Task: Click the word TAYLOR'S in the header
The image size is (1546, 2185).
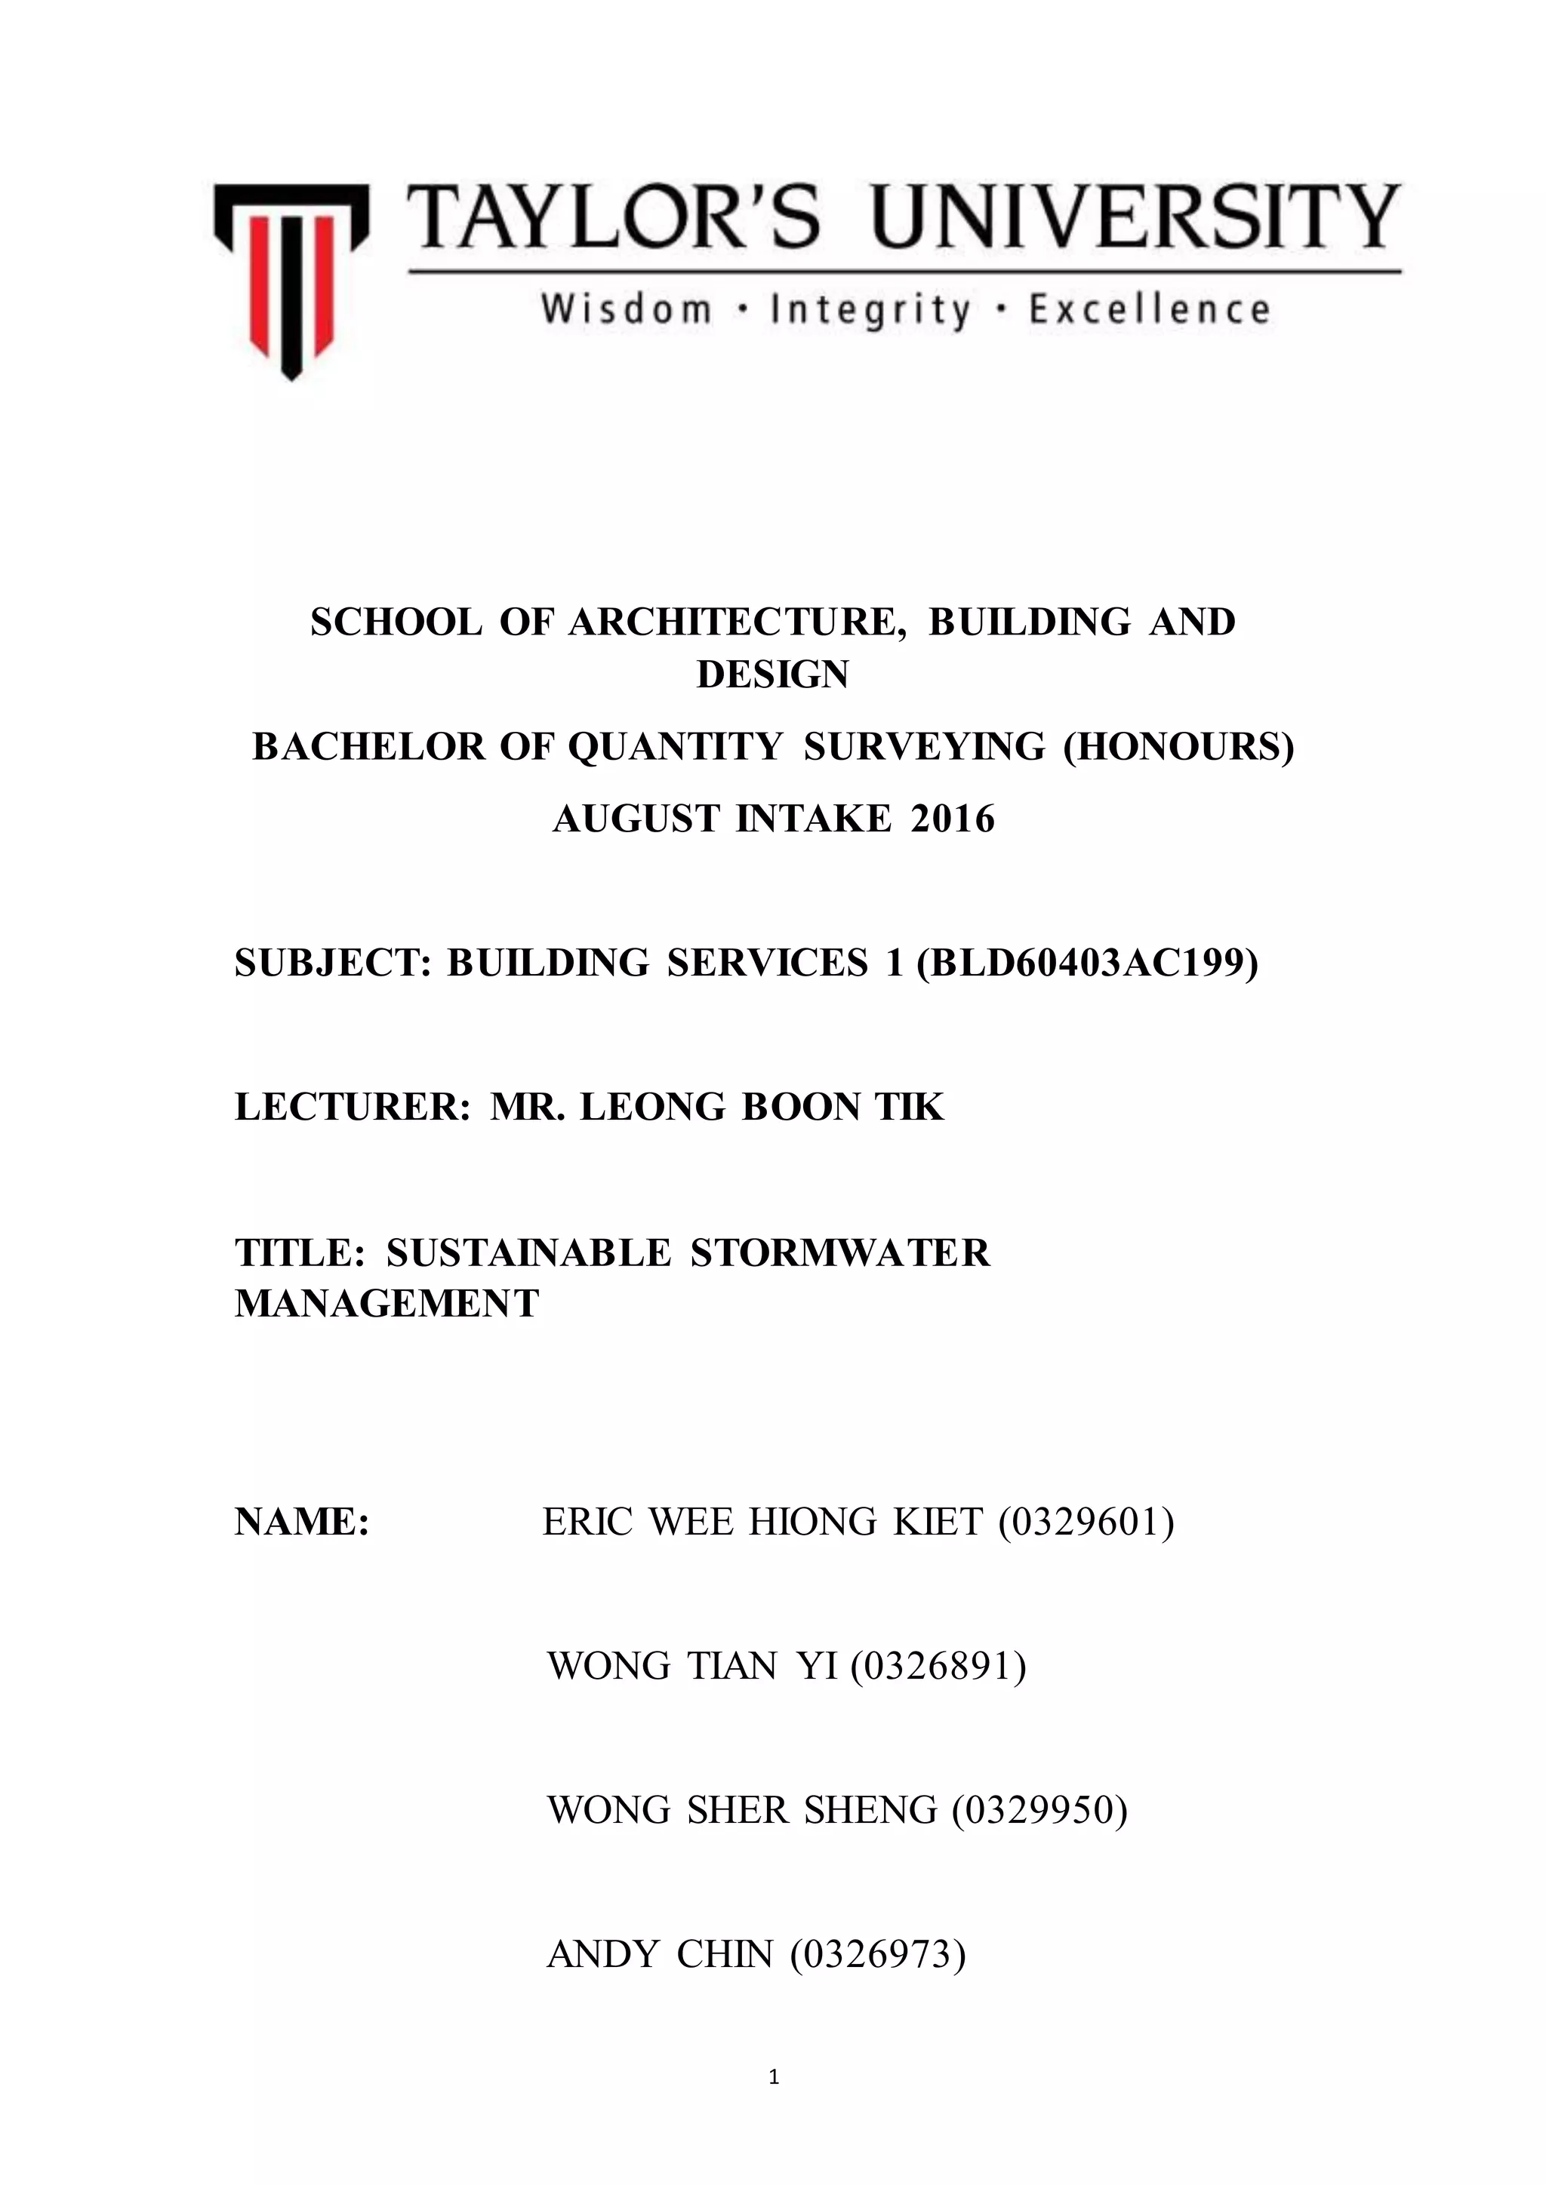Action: point(613,217)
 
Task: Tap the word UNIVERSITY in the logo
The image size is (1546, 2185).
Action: point(1135,217)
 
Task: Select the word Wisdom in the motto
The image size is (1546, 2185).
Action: point(627,310)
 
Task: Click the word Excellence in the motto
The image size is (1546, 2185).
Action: point(1149,310)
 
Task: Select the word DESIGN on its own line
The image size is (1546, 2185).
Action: point(772,675)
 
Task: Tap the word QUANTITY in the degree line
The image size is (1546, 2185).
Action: point(675,747)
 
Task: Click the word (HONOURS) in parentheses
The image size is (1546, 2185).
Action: point(1178,747)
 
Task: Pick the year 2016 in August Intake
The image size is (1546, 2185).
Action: point(952,819)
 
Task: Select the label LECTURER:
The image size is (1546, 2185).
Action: point(353,1107)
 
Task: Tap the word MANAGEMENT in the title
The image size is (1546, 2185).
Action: point(386,1304)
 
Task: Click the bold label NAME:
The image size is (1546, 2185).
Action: point(302,1522)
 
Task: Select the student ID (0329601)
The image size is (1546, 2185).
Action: point(1086,1522)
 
